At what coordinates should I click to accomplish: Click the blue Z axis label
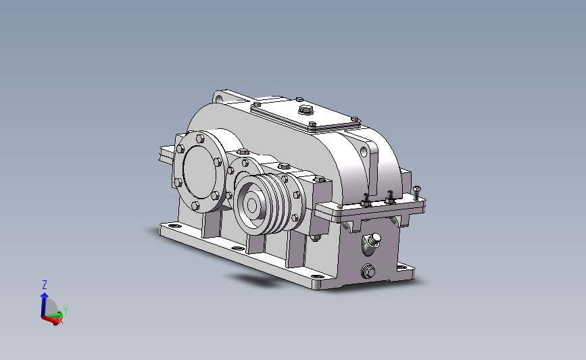45,284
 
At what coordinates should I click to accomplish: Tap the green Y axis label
66,310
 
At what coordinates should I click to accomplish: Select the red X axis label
61,321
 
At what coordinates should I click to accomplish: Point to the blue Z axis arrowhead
45,295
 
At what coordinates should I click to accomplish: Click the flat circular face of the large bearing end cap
199,172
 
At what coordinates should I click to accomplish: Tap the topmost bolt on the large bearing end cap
200,139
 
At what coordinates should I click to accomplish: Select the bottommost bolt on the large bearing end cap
195,206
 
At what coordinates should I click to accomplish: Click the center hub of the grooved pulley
251,205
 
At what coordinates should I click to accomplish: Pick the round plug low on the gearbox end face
368,271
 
